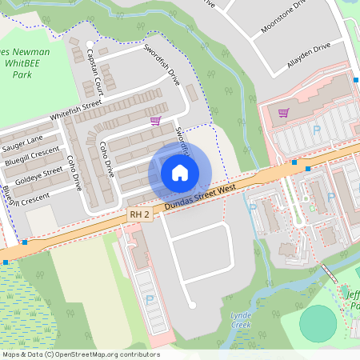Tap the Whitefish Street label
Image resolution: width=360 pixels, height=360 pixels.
pos(77,110)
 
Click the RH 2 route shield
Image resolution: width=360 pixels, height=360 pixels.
pos(139,214)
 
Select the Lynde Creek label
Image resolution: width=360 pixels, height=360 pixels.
pos(240,321)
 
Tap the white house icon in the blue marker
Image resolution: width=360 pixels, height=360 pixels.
pos(180,172)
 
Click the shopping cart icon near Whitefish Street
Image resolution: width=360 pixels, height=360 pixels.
pos(155,120)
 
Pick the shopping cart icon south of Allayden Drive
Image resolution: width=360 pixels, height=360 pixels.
pos(283,112)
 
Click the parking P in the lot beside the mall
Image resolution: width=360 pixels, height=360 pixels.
pos(317,130)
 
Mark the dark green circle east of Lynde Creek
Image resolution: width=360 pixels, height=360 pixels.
pos(318,323)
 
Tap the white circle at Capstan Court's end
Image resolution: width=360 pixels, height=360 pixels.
pos(90,43)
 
